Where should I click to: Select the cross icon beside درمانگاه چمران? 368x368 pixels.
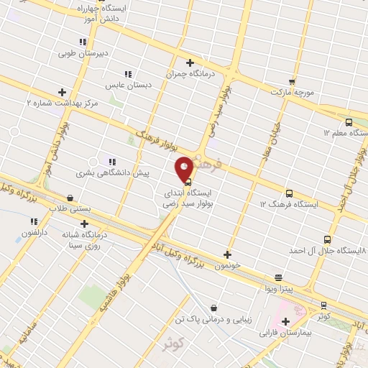click(190, 63)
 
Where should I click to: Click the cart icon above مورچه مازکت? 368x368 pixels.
click(292, 82)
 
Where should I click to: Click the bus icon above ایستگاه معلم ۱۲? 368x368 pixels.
click(349, 121)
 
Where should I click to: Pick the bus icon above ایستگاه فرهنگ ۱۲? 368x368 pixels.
click(289, 193)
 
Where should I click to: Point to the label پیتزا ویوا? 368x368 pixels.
click(277, 288)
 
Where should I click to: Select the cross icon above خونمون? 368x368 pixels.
click(228, 254)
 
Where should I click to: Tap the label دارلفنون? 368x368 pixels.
click(35, 233)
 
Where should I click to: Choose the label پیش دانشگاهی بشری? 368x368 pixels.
click(113, 173)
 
